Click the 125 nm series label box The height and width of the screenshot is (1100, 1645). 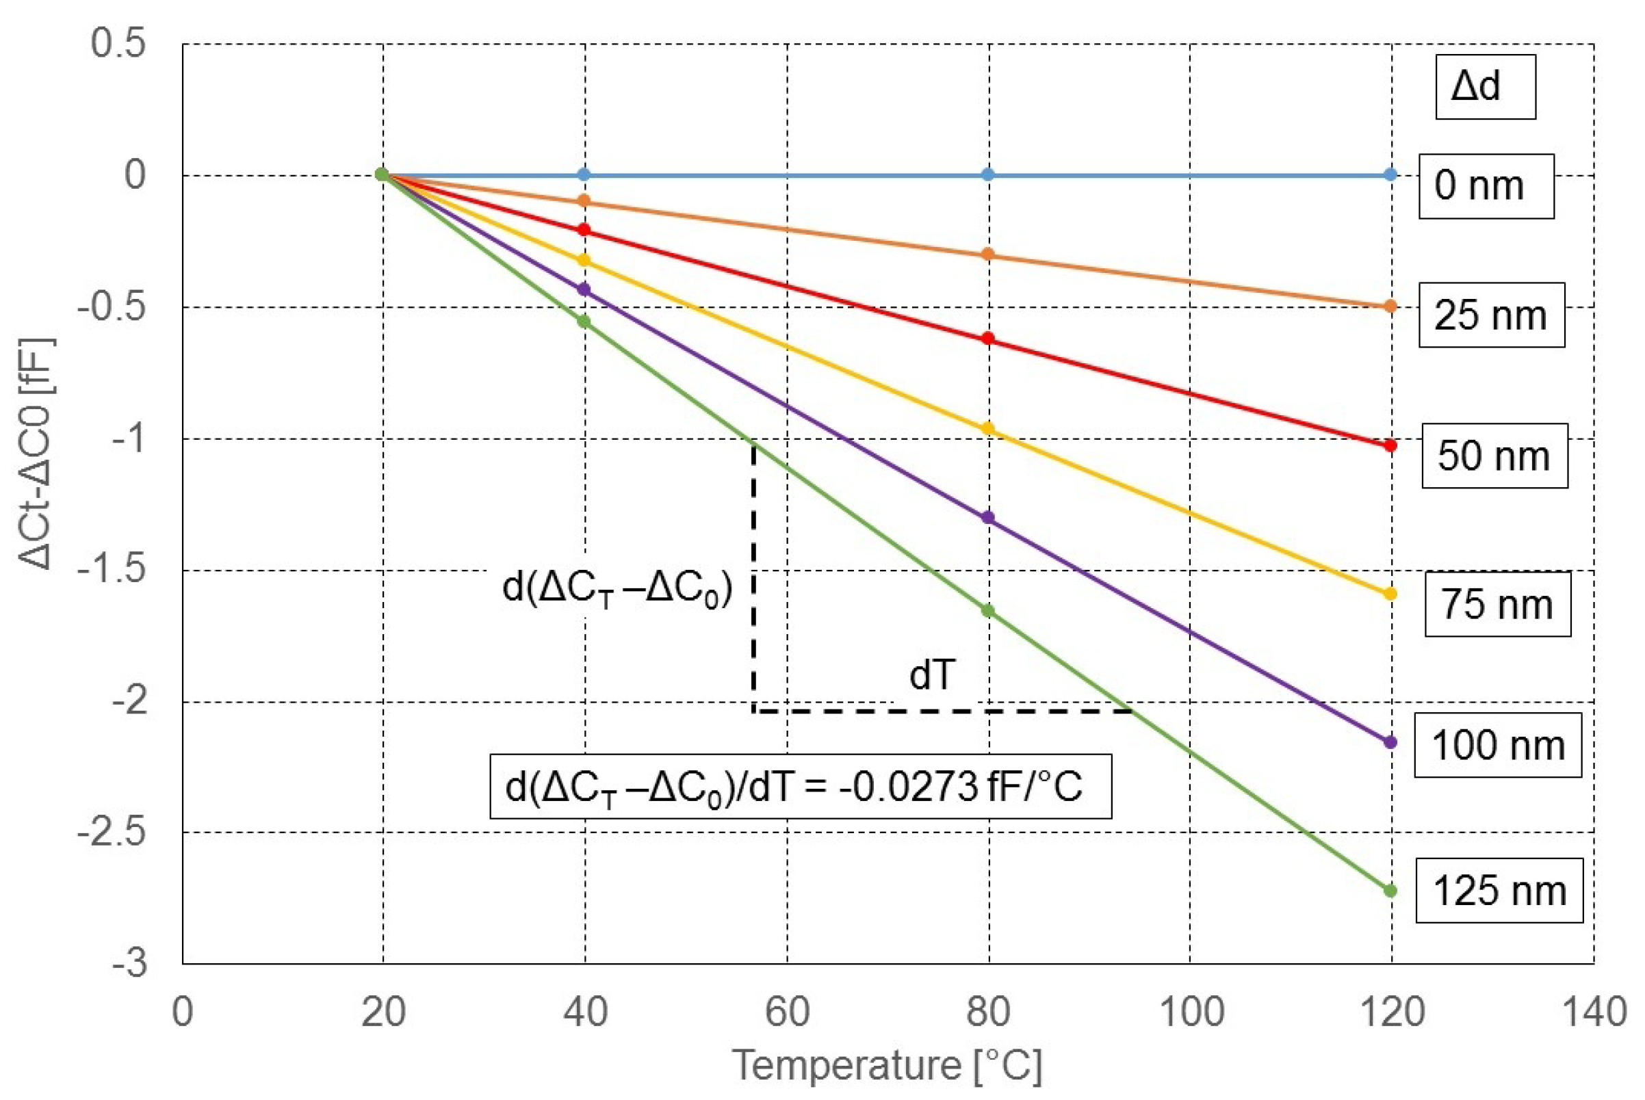(1499, 890)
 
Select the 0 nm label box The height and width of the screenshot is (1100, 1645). (1486, 186)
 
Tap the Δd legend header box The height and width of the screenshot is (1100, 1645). (1485, 86)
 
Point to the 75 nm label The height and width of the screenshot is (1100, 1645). (1497, 604)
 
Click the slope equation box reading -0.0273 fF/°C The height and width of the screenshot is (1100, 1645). (800, 787)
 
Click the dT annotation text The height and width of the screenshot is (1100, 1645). (932, 675)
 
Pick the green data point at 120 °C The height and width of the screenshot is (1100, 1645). (1390, 891)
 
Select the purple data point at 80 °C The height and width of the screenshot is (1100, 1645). (988, 518)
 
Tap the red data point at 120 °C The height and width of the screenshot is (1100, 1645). (1390, 445)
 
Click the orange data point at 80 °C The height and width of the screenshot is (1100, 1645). (988, 254)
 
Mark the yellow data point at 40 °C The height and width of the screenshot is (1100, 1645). (584, 260)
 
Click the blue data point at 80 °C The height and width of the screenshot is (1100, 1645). (988, 174)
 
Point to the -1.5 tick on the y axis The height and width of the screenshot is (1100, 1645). (112, 571)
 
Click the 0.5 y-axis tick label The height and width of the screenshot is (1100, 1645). (118, 43)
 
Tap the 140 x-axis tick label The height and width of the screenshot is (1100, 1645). (1593, 1012)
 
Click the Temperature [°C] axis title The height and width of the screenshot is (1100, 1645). (887, 1066)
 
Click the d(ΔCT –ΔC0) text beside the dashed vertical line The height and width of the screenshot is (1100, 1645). (618, 587)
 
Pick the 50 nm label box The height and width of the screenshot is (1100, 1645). (1494, 456)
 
